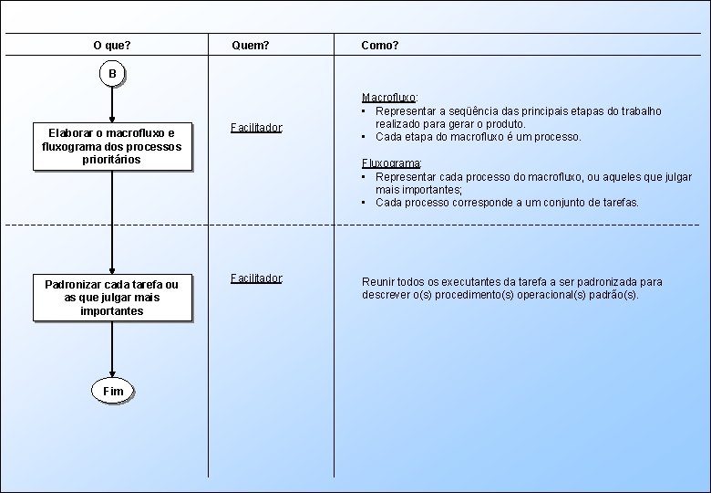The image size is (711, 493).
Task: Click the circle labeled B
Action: coord(112,73)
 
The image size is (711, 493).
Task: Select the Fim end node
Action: coord(112,391)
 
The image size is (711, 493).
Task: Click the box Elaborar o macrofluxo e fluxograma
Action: coord(112,146)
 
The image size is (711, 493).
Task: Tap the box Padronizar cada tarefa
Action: coord(112,298)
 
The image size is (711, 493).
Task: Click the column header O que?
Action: coord(112,45)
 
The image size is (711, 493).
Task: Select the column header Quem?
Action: coord(251,45)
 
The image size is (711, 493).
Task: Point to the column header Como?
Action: coord(379,45)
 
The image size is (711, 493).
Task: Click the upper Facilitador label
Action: coord(257,128)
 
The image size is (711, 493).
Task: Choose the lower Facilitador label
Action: coord(257,278)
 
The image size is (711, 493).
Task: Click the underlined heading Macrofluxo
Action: coord(389,97)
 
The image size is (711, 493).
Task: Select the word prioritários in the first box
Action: coord(112,160)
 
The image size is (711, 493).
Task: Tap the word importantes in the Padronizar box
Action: coord(112,311)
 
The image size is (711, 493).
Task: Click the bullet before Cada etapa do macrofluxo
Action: coord(365,137)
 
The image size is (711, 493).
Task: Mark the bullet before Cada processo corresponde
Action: coord(365,203)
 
